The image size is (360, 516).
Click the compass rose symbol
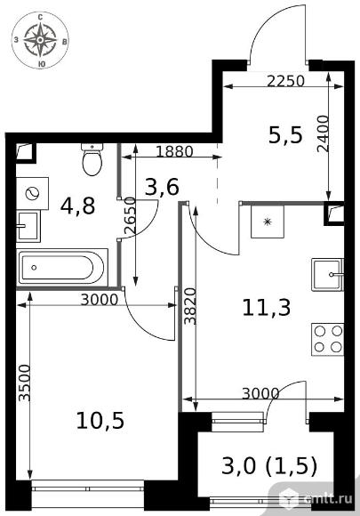[40, 40]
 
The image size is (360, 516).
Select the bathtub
[62, 267]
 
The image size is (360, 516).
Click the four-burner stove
[328, 339]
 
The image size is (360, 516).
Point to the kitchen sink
[328, 274]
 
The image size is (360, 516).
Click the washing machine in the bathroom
[33, 193]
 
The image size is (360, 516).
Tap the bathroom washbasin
[28, 226]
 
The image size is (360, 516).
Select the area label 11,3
[267, 308]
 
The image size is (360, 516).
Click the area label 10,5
[100, 420]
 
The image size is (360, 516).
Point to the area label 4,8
[78, 206]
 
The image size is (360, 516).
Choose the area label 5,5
[285, 135]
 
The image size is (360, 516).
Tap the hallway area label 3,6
[162, 187]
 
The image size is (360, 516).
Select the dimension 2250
[285, 81]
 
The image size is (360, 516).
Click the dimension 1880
[174, 152]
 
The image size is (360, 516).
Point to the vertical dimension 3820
[190, 306]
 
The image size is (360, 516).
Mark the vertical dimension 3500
[24, 383]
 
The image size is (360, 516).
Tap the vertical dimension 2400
[324, 133]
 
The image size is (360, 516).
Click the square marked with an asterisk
[268, 222]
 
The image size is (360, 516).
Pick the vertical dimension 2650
[130, 215]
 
